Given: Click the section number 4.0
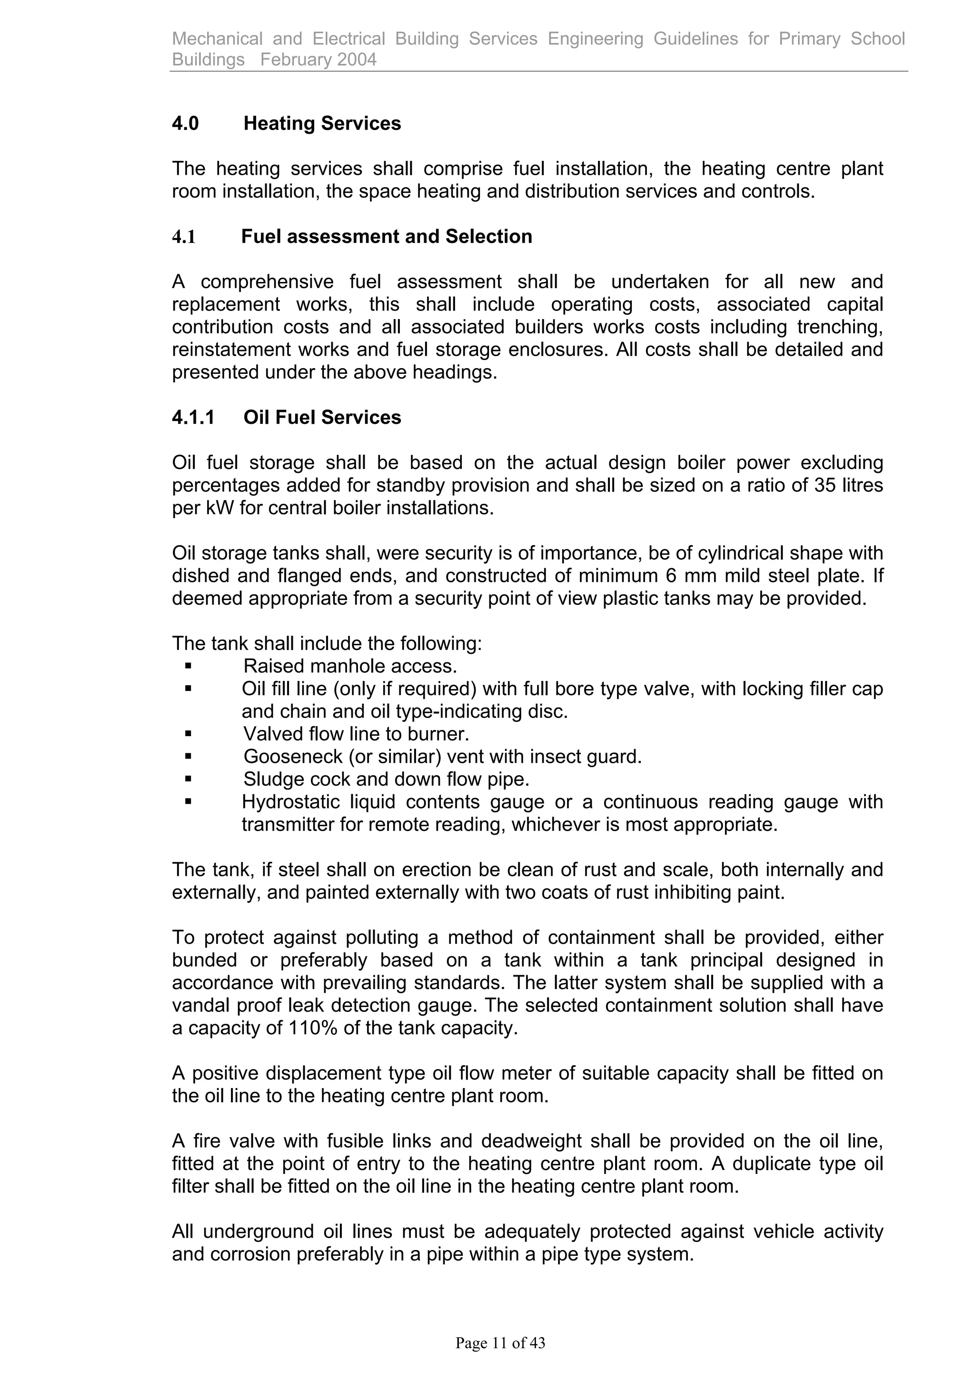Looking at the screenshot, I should [x=185, y=123].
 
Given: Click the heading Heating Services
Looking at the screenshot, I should [x=322, y=123].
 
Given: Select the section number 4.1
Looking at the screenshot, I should [x=184, y=236].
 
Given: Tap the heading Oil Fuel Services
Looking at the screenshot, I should [x=322, y=417].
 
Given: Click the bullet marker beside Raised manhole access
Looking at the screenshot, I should [x=188, y=665].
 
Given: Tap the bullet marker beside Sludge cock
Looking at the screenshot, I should [x=188, y=779].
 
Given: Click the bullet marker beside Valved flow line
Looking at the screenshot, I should [x=188, y=733].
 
